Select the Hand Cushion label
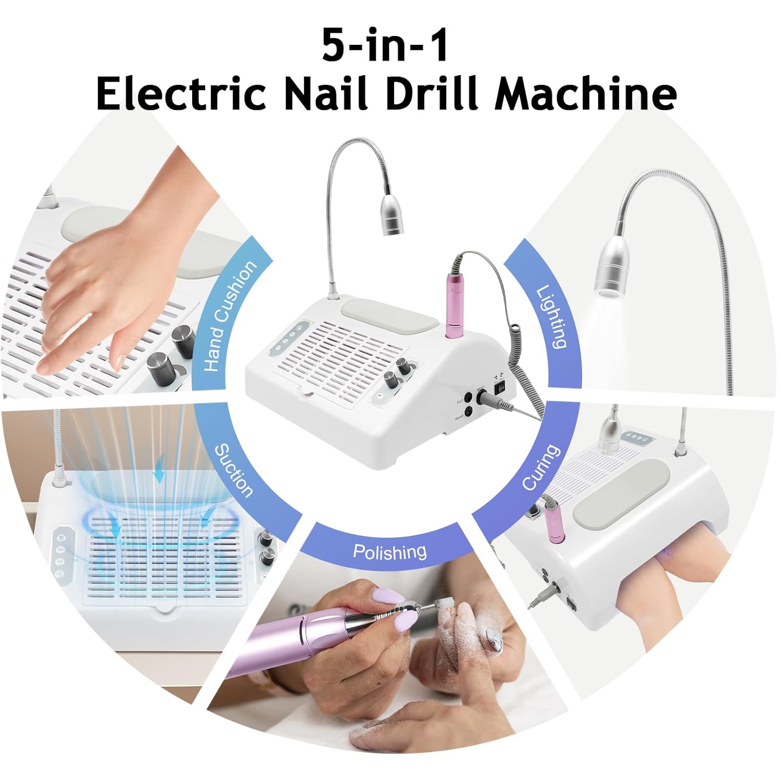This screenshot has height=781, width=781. (x=230, y=317)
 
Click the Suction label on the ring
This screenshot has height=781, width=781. (x=234, y=470)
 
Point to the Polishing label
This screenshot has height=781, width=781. (x=389, y=551)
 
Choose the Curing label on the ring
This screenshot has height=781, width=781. (x=541, y=467)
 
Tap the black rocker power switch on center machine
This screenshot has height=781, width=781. (x=500, y=387)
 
